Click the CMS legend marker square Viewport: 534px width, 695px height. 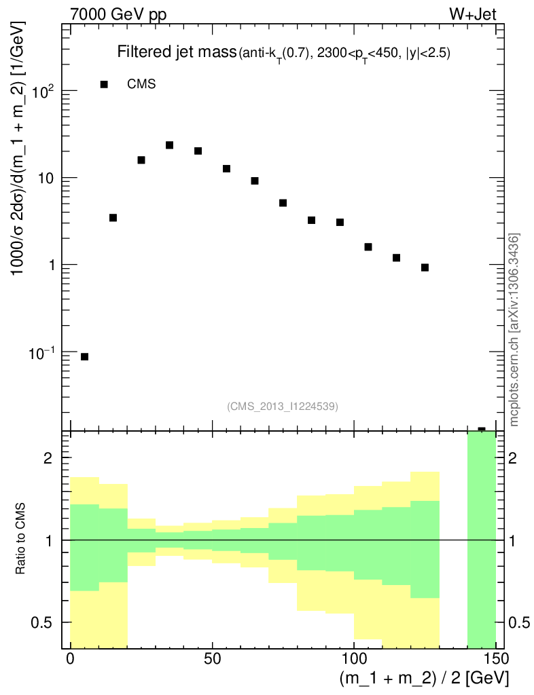(104, 84)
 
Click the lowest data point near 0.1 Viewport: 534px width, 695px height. (84, 356)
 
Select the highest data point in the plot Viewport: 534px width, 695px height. (169, 145)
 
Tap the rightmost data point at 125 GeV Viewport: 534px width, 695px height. (425, 267)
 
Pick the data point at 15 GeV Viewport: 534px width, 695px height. (113, 218)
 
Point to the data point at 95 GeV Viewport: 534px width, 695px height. (340, 222)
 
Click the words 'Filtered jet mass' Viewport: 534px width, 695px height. (176, 52)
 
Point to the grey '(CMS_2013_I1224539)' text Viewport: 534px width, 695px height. (283, 406)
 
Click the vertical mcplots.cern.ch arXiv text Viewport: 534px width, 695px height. (515, 329)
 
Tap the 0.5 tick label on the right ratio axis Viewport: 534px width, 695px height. (519, 622)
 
